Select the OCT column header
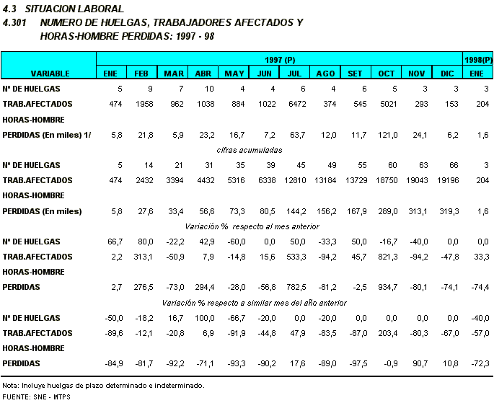tap(387, 74)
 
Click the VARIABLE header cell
tap(49, 74)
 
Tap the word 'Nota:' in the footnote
tap(12, 385)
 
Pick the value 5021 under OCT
tap(387, 104)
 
